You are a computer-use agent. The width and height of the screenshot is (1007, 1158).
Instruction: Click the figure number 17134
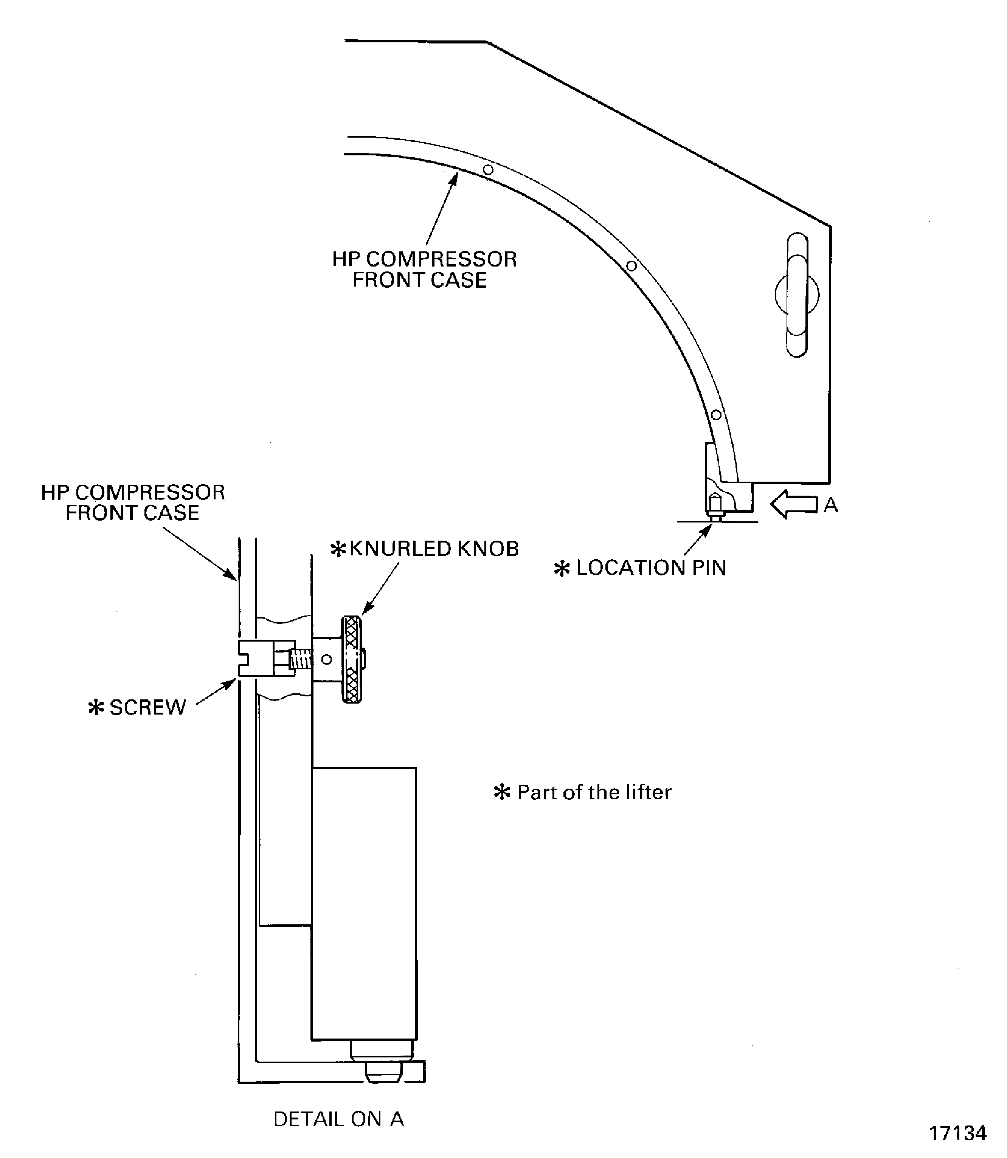[957, 1133]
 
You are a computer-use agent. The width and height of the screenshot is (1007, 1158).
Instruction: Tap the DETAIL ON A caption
[338, 1119]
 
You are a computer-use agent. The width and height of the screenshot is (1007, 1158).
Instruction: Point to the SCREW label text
[147, 707]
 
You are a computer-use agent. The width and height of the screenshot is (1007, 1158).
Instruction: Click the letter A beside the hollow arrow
[830, 505]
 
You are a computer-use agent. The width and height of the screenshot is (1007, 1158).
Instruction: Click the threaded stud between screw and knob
[301, 659]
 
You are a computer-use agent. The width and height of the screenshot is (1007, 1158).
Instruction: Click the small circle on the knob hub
[326, 659]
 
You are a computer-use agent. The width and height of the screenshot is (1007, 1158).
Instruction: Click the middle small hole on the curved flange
[631, 266]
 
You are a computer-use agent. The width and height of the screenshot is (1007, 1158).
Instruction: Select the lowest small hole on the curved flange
[716, 415]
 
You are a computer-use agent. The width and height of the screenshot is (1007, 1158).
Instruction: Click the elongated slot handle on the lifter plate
[797, 295]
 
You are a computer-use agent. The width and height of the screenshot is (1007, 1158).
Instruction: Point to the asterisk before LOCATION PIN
[562, 569]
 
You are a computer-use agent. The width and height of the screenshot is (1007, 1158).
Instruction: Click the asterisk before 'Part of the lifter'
[502, 792]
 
